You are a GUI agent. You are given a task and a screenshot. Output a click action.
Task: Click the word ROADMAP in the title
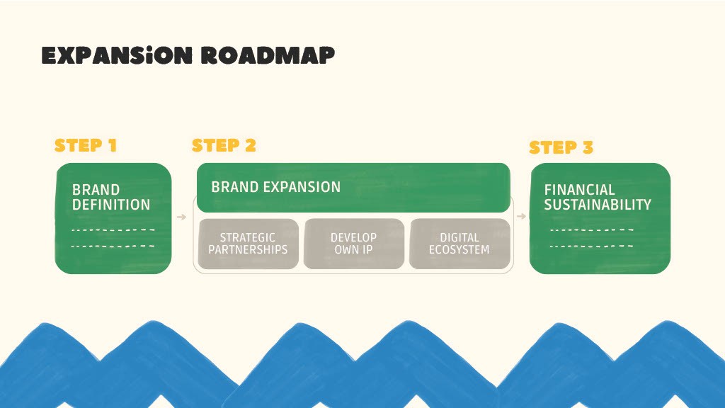[x=267, y=55]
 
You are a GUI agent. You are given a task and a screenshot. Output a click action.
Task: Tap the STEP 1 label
[x=86, y=145]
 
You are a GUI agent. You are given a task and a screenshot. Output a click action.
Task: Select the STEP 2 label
[x=224, y=145]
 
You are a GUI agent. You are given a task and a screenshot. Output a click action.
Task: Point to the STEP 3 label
[x=561, y=147]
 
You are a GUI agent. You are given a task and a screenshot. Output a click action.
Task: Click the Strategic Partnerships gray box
[x=248, y=244]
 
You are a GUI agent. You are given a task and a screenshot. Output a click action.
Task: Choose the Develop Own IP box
[x=353, y=244]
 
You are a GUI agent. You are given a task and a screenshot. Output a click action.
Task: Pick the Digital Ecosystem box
[x=459, y=244]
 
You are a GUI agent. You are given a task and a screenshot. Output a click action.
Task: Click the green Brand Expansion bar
[x=353, y=188]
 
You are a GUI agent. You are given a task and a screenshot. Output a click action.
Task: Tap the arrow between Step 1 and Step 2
[x=181, y=217]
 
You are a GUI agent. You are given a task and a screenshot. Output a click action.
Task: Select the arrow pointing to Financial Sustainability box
[x=521, y=215]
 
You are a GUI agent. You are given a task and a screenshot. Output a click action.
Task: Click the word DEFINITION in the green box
[x=111, y=205]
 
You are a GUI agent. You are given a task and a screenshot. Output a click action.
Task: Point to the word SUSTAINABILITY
[x=598, y=205]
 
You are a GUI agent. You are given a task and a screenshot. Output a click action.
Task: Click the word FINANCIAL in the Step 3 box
[x=579, y=190]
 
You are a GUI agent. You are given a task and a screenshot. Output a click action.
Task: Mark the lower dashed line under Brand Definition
[x=113, y=246]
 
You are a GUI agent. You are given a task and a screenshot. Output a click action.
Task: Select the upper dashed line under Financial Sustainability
[x=592, y=229]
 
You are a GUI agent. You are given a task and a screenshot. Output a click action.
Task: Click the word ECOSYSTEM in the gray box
[x=459, y=249]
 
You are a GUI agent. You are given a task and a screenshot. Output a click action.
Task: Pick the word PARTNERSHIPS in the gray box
[x=248, y=249]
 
